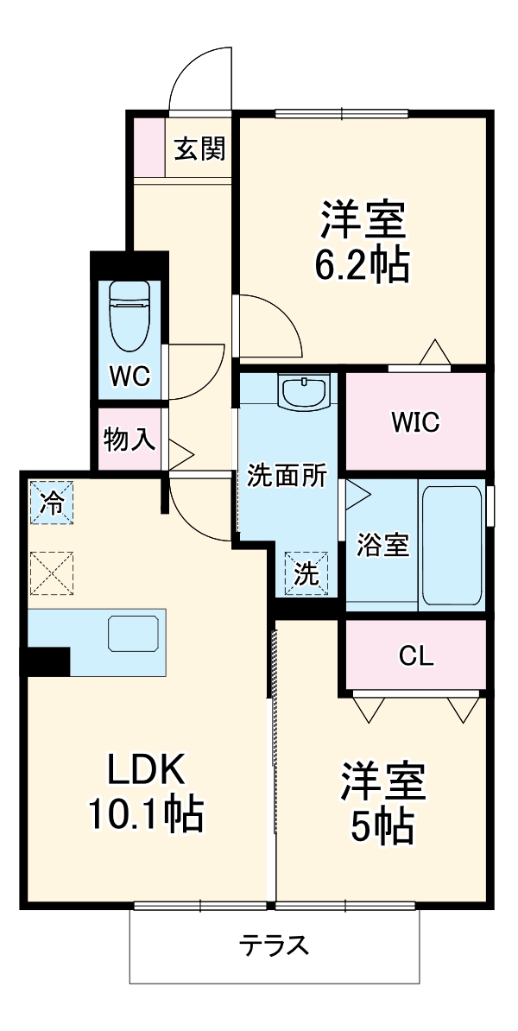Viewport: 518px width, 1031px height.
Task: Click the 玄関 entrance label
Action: click(200, 149)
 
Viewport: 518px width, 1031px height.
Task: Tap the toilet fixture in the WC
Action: click(129, 316)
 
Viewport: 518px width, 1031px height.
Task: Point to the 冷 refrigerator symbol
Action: click(52, 503)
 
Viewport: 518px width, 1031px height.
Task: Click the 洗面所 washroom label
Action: click(287, 476)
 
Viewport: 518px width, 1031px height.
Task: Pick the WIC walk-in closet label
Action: click(415, 422)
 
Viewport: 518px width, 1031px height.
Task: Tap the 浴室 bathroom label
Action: click(382, 546)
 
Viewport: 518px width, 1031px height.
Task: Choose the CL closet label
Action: click(415, 656)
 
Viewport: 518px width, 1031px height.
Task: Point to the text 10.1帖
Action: click(145, 813)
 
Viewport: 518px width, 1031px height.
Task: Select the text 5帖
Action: click(381, 828)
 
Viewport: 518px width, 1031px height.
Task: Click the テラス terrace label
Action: click(274, 946)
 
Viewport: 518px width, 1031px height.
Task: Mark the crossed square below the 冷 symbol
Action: click(52, 573)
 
